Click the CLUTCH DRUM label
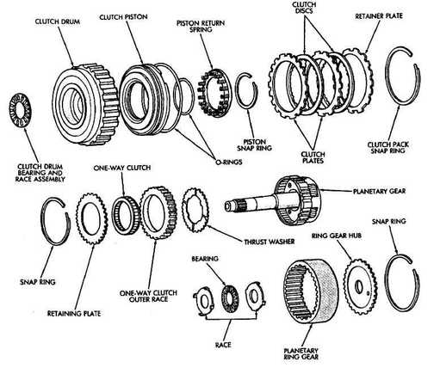click(58, 21)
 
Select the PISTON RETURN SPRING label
click(201, 26)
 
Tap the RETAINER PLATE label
click(379, 16)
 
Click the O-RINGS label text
click(229, 162)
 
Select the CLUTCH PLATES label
click(313, 157)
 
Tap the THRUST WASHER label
click(270, 242)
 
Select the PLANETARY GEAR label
click(380, 191)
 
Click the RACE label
click(223, 344)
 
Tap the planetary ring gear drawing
click(311, 291)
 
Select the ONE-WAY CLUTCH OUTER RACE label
click(148, 296)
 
